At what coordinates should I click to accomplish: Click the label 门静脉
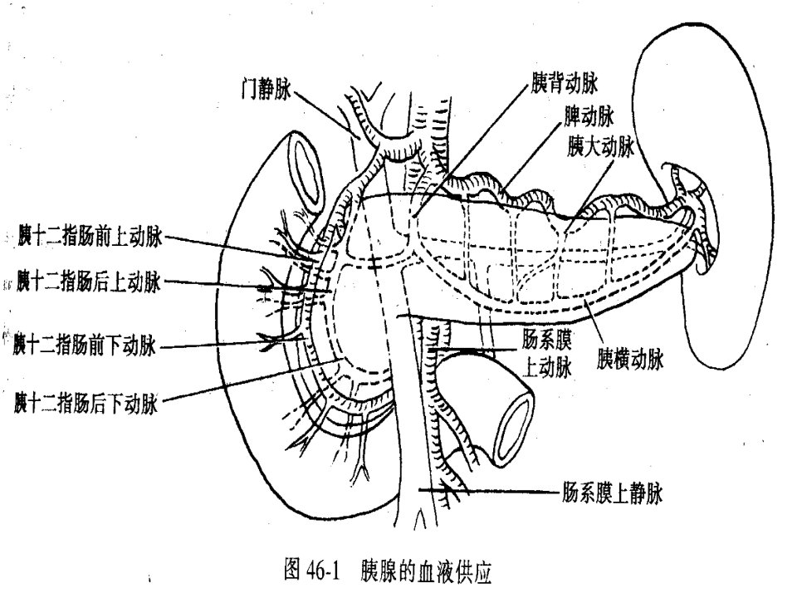pyautogui.click(x=266, y=90)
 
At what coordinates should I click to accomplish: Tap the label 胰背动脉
pyautogui.click(x=565, y=83)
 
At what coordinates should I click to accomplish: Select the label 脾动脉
pyautogui.click(x=589, y=116)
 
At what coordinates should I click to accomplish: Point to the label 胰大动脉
pyautogui.click(x=601, y=147)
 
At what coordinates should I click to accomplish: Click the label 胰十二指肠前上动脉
pyautogui.click(x=90, y=237)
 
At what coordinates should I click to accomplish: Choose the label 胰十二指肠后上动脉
pyautogui.click(x=89, y=282)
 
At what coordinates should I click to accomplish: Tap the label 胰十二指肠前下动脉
pyautogui.click(x=85, y=346)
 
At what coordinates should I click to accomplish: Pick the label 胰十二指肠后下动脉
pyautogui.click(x=86, y=404)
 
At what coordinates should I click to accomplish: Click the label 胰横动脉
pyautogui.click(x=630, y=360)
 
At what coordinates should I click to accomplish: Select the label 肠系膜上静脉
pyautogui.click(x=612, y=493)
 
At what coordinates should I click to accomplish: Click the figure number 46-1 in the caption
pyautogui.click(x=323, y=570)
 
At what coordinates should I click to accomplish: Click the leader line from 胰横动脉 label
pyautogui.click(x=594, y=321)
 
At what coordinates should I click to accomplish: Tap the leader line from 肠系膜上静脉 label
pyautogui.click(x=489, y=491)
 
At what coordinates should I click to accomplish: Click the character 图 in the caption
pyautogui.click(x=292, y=570)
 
